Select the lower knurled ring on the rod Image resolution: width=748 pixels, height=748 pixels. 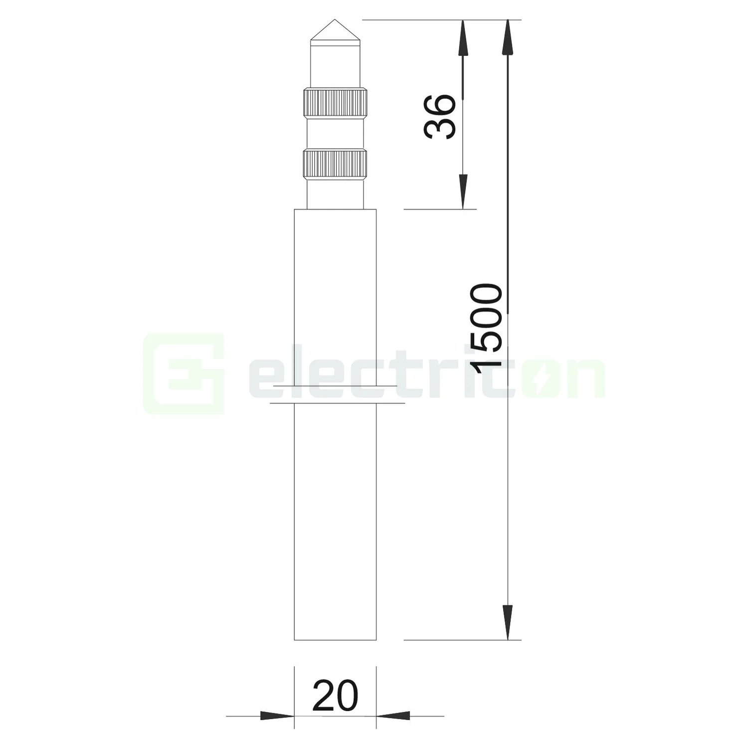tap(335, 164)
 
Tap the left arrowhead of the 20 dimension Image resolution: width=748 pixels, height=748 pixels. tap(277, 716)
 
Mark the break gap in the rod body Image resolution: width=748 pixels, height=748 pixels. tap(335, 394)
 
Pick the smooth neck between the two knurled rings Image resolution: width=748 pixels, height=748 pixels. tap(335, 133)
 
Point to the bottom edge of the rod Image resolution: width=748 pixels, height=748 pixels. tap(335, 640)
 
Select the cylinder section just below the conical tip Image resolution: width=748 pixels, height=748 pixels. tap(335, 65)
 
